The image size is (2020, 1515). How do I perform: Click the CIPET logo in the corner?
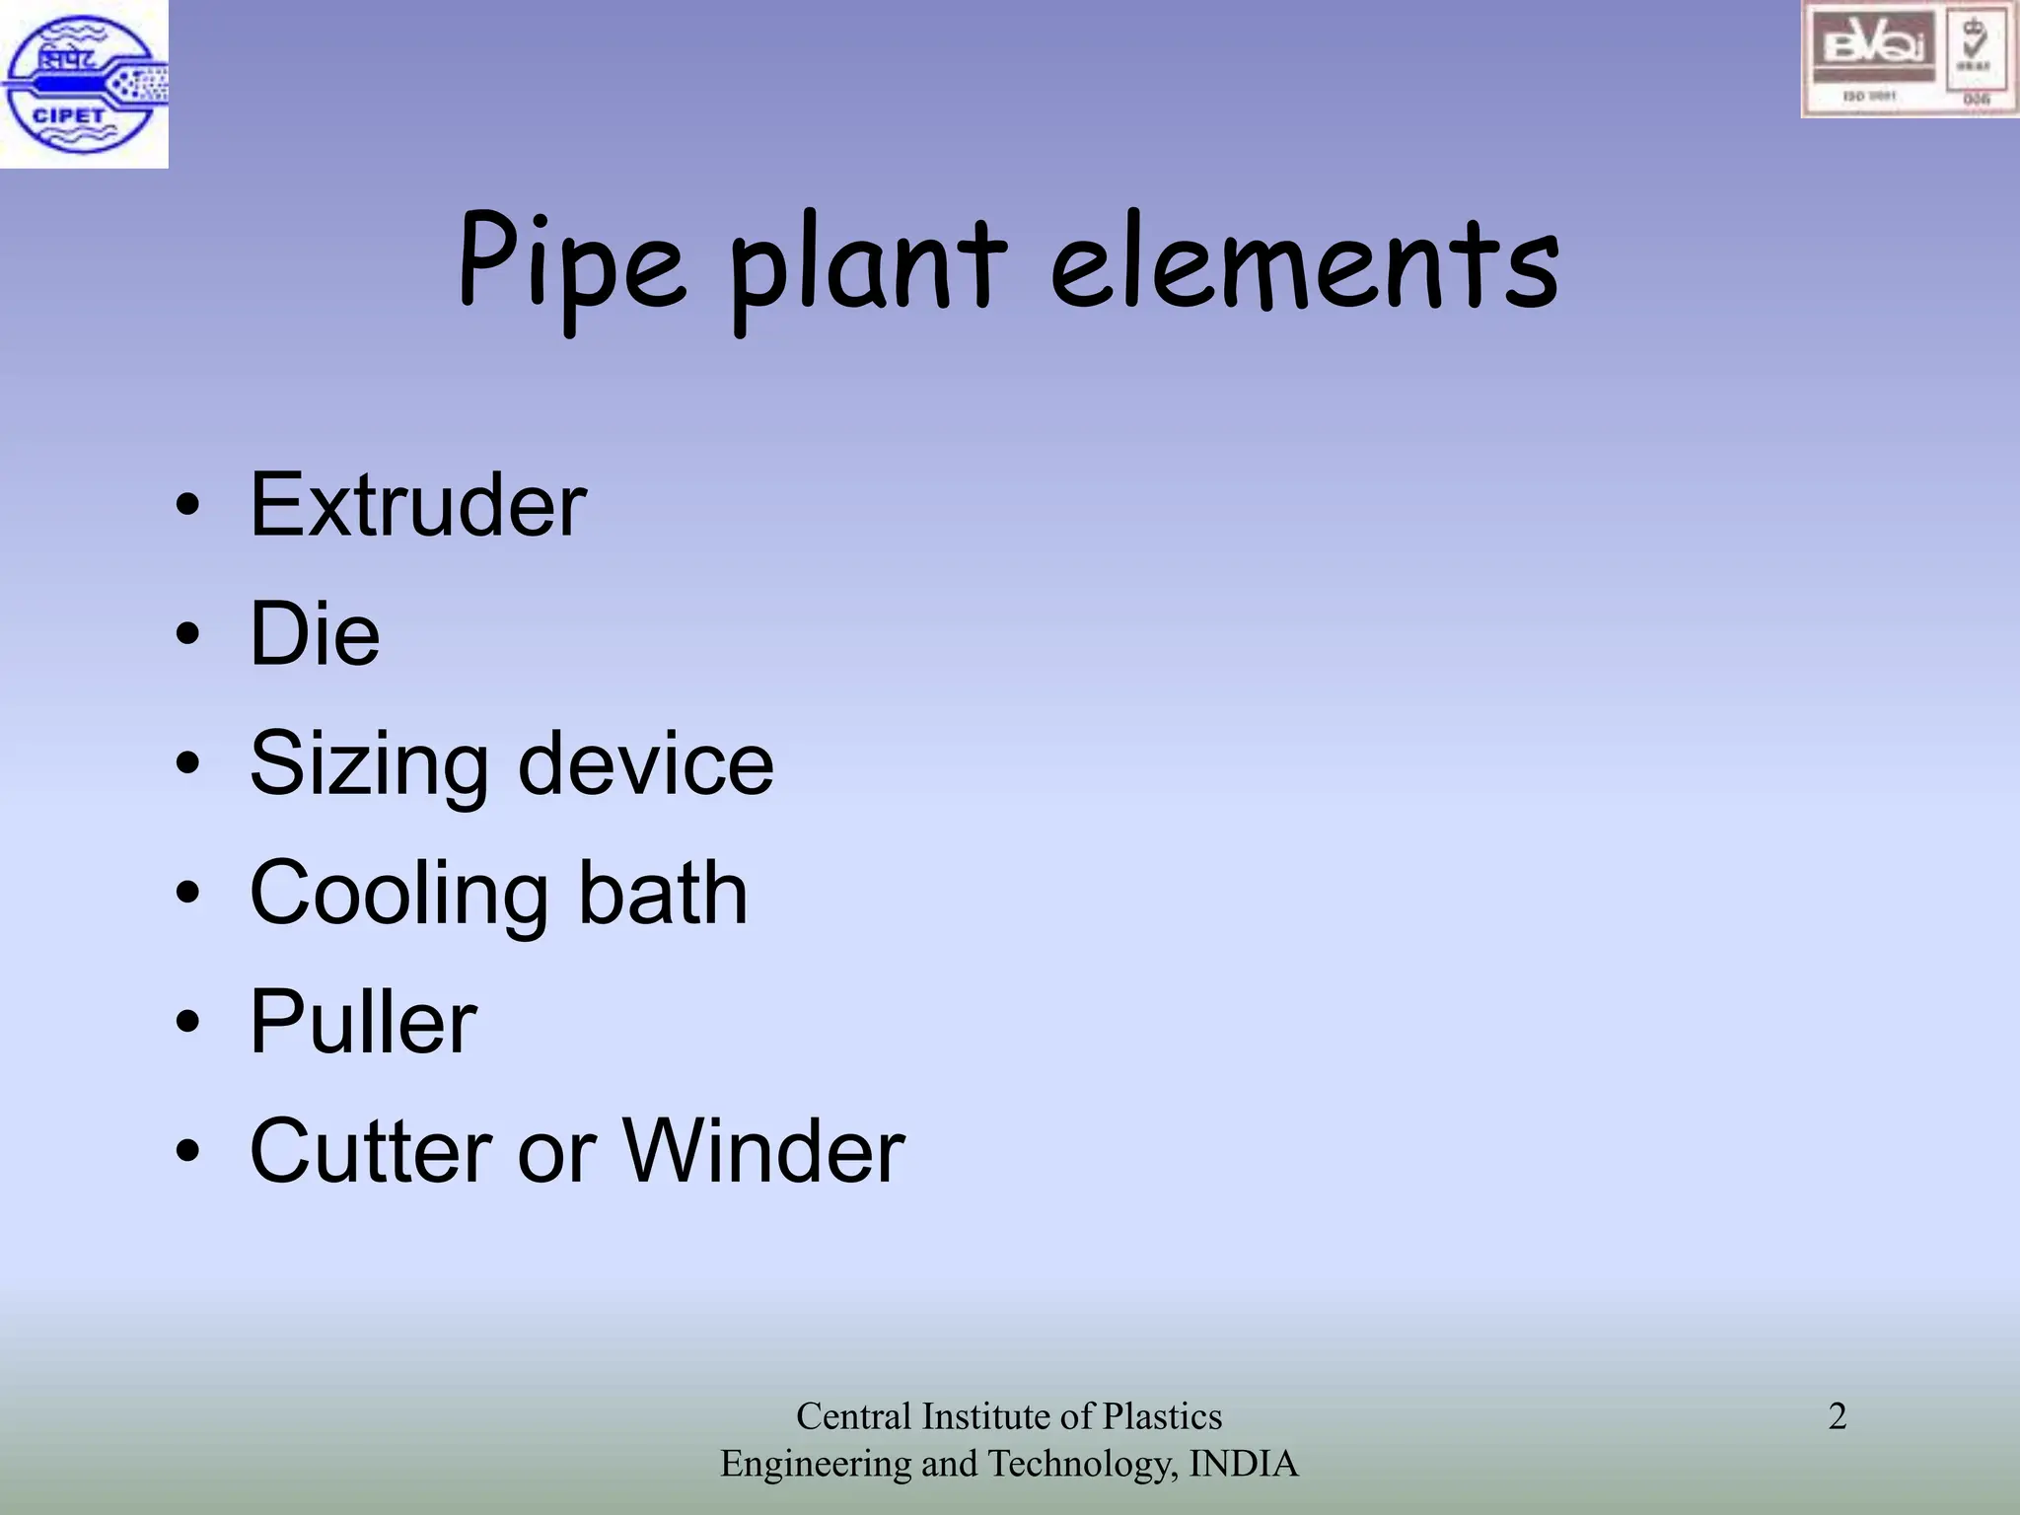pos(84,84)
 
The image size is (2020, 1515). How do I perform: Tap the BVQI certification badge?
pos(1909,59)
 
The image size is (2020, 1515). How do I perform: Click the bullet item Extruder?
pos(418,505)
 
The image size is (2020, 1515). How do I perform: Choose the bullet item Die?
pos(315,633)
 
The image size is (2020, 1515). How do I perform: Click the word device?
pos(646,763)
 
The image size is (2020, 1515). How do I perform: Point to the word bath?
pos(662,893)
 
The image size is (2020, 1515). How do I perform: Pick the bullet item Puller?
pos(363,1022)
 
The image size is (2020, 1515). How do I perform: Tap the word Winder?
pos(763,1151)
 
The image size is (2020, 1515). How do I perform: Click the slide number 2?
pos(1837,1416)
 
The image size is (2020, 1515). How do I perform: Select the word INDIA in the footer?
pos(1244,1464)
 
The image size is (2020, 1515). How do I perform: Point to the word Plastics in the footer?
pos(1162,1416)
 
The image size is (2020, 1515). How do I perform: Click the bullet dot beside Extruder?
pos(187,507)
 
